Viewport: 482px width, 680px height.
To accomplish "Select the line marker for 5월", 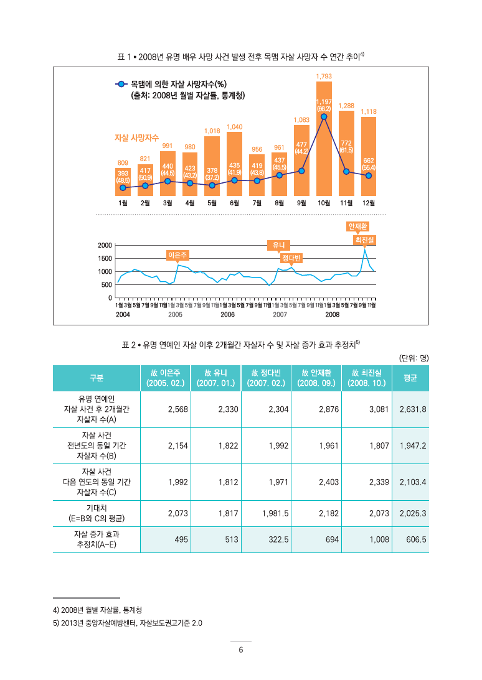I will click(212, 185).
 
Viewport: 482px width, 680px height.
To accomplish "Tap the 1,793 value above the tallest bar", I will click(324, 76).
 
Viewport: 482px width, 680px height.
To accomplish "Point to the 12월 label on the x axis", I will click(369, 203).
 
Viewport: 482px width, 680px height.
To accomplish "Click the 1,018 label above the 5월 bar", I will click(212, 131).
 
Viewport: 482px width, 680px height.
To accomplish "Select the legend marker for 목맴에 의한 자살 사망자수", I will click(122, 83).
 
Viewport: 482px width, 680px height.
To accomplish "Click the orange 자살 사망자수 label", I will click(136, 137).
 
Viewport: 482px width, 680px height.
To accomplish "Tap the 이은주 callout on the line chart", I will click(178, 255).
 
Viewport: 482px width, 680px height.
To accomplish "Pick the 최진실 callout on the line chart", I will click(365, 239).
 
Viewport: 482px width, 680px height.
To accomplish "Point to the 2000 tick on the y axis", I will click(105, 245).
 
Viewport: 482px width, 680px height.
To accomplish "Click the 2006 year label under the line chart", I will click(227, 315).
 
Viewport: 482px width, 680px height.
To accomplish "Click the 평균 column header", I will click(410, 378).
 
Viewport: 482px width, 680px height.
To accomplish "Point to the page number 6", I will click(241, 651).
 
